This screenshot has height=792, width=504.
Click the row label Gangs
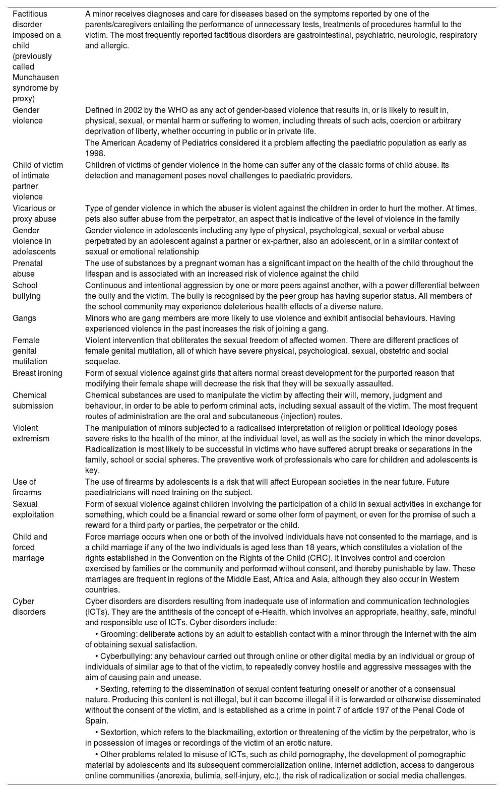[x=24, y=318]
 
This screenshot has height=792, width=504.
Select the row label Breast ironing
[x=37, y=373]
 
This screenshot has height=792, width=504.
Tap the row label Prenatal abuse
[x=28, y=269]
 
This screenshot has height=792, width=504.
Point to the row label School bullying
[x=25, y=291]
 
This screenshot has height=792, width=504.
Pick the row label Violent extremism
[x=31, y=433]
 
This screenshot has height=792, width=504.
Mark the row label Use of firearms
[x=27, y=487]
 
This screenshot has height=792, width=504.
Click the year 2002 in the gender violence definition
[x=133, y=110]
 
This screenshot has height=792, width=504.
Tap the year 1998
[x=95, y=153]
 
